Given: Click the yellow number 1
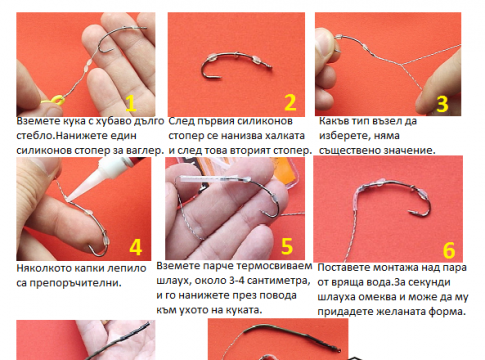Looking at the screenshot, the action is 131,103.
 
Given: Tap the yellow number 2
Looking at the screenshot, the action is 290,102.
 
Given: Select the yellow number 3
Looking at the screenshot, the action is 442,104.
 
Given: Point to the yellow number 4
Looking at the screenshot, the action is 136,247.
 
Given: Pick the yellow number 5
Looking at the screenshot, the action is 287,246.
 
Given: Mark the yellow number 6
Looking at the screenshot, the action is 449,250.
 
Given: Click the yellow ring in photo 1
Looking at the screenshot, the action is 56,100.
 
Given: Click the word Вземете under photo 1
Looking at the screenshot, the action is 35,121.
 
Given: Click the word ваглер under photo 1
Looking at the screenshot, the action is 146,151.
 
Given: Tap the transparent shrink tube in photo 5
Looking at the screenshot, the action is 210,179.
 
